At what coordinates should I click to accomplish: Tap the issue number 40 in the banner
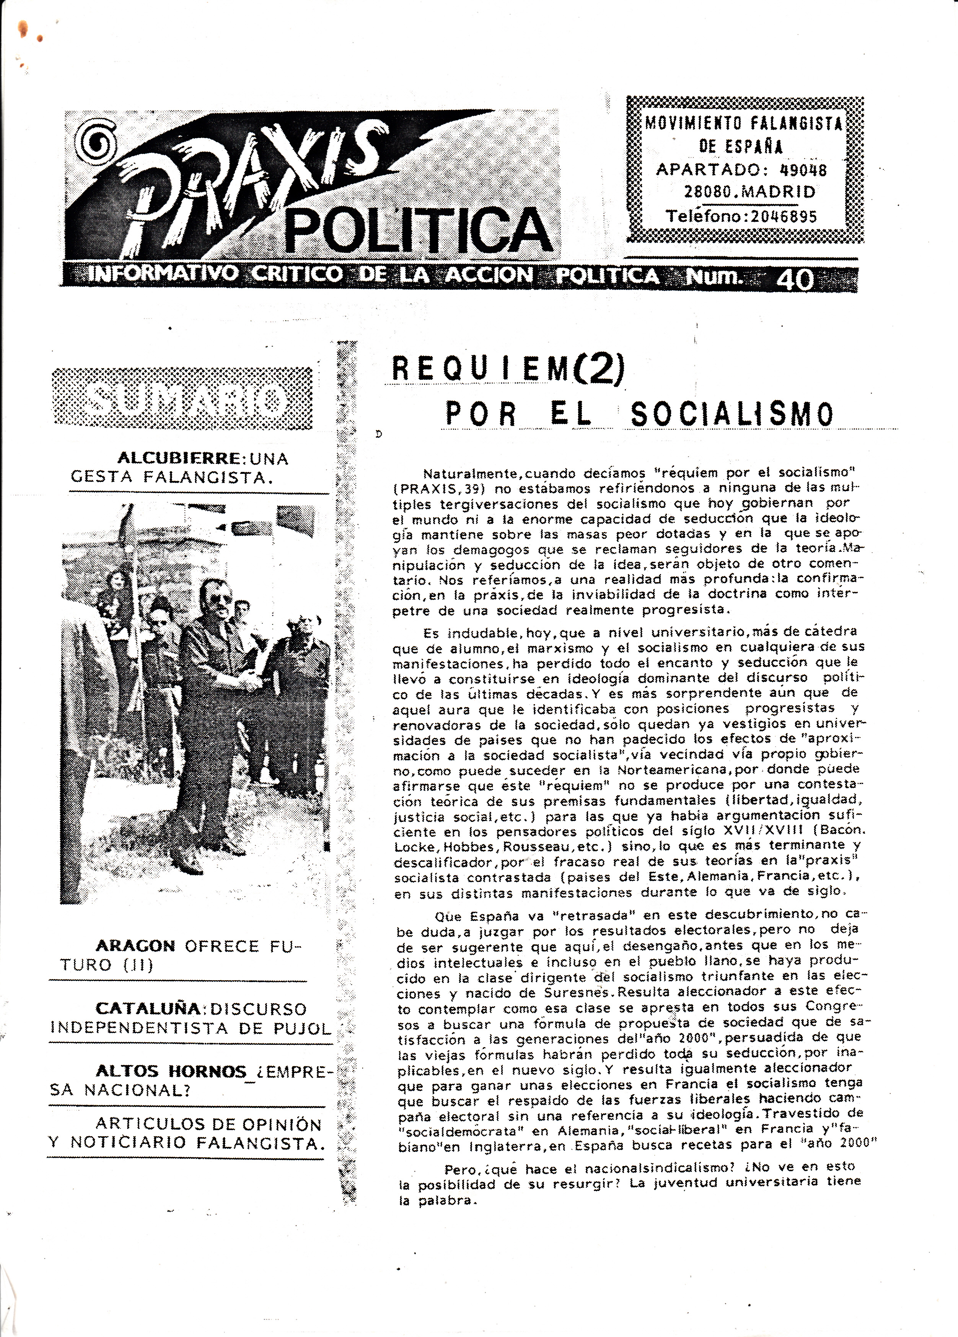point(795,280)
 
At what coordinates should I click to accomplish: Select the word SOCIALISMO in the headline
point(732,415)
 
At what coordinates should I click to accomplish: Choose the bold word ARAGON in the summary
point(135,946)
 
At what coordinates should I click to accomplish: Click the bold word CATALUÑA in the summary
point(148,1009)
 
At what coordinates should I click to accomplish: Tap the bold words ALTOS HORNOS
point(171,1071)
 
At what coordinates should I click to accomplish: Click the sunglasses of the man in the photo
point(221,600)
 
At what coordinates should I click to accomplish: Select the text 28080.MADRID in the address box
point(750,192)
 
